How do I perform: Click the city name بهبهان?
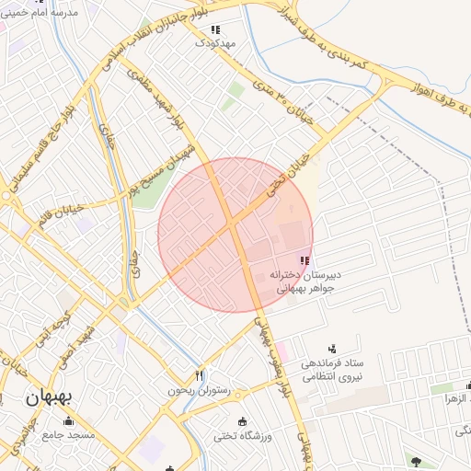coord(49,398)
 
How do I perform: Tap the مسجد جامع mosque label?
coord(67,434)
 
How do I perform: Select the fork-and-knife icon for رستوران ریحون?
coord(199,375)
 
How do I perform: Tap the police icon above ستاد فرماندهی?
coord(332,349)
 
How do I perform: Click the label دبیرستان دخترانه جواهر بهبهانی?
coord(304,281)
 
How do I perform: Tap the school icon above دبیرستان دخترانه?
coord(304,261)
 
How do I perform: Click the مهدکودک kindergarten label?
coord(216,43)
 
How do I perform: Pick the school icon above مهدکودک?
coord(216,29)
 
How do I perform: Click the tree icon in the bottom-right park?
coord(417,461)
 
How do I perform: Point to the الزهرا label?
coord(457,399)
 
